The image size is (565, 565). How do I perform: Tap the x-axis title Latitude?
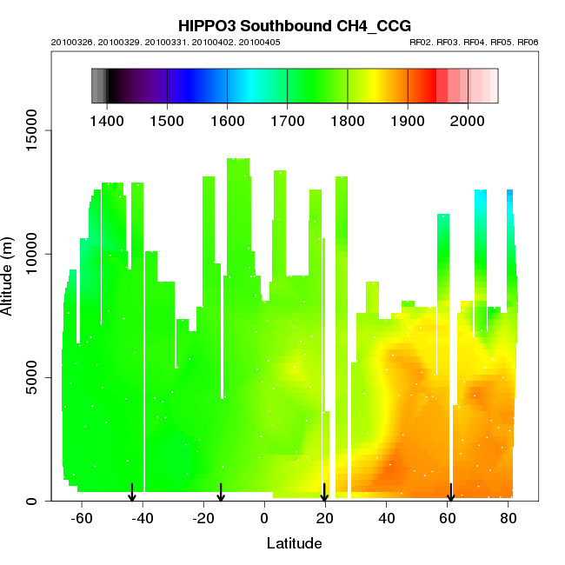point(294,544)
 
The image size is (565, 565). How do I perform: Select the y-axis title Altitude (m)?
point(11,273)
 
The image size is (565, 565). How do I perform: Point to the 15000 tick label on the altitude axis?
point(32,130)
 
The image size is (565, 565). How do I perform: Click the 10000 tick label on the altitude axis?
point(32,254)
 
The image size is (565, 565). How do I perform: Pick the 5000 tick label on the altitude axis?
point(32,377)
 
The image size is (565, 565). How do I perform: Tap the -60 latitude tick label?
point(82,519)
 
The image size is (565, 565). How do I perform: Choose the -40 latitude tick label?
point(143,519)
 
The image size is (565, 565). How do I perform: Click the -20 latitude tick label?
point(203,519)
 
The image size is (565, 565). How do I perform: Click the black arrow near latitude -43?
point(132,493)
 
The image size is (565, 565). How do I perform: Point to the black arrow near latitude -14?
point(221,493)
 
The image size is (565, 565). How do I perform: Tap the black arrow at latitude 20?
point(324,493)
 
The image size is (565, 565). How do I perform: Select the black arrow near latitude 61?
point(450,493)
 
